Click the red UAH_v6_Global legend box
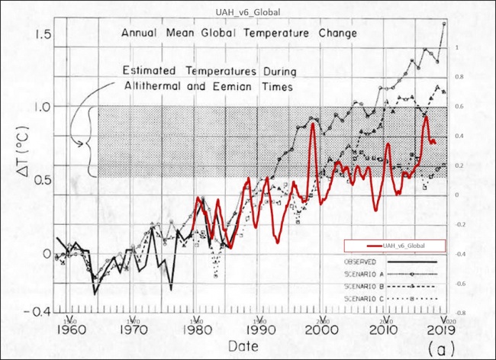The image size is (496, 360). (404, 246)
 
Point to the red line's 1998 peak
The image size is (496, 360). (313, 124)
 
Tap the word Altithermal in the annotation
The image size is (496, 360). (156, 87)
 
